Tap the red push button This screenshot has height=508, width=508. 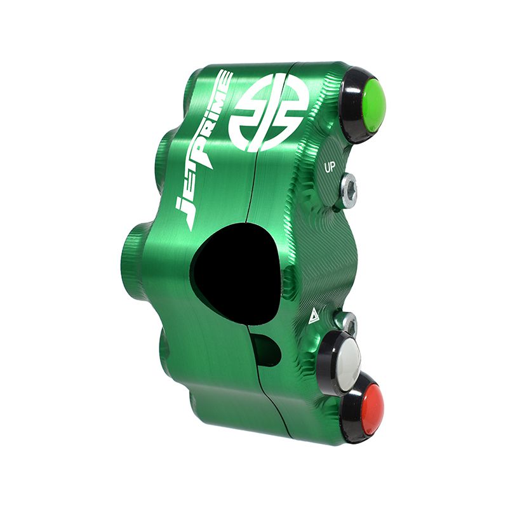pyautogui.click(x=363, y=406)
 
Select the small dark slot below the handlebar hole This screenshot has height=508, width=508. pyautogui.click(x=266, y=349)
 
